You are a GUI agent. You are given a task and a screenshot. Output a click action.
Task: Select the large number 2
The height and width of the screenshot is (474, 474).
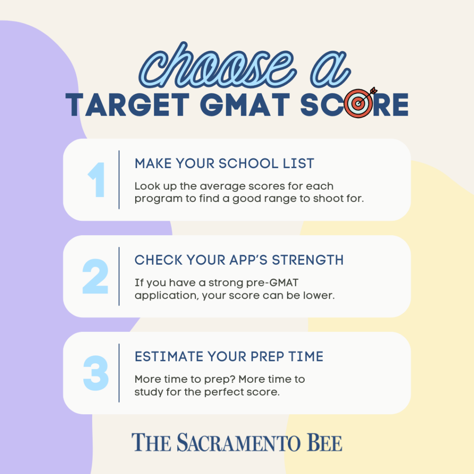(x=95, y=276)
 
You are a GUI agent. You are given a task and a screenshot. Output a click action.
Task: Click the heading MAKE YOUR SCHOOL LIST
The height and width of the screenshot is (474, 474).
(x=224, y=163)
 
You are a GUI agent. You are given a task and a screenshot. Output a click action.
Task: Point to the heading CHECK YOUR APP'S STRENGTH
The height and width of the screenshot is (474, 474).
(x=239, y=260)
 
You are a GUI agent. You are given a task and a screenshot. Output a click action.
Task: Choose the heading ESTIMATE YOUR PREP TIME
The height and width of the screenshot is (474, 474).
(x=229, y=357)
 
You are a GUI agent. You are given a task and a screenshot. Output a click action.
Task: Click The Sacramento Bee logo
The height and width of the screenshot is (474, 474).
(x=237, y=443)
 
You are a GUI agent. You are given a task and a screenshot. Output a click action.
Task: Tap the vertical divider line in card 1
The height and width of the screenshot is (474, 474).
(x=119, y=180)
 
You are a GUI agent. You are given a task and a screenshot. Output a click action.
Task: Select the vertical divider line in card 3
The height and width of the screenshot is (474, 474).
(x=119, y=373)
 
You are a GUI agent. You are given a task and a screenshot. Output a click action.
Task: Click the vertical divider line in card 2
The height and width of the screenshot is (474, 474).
(x=119, y=276)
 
